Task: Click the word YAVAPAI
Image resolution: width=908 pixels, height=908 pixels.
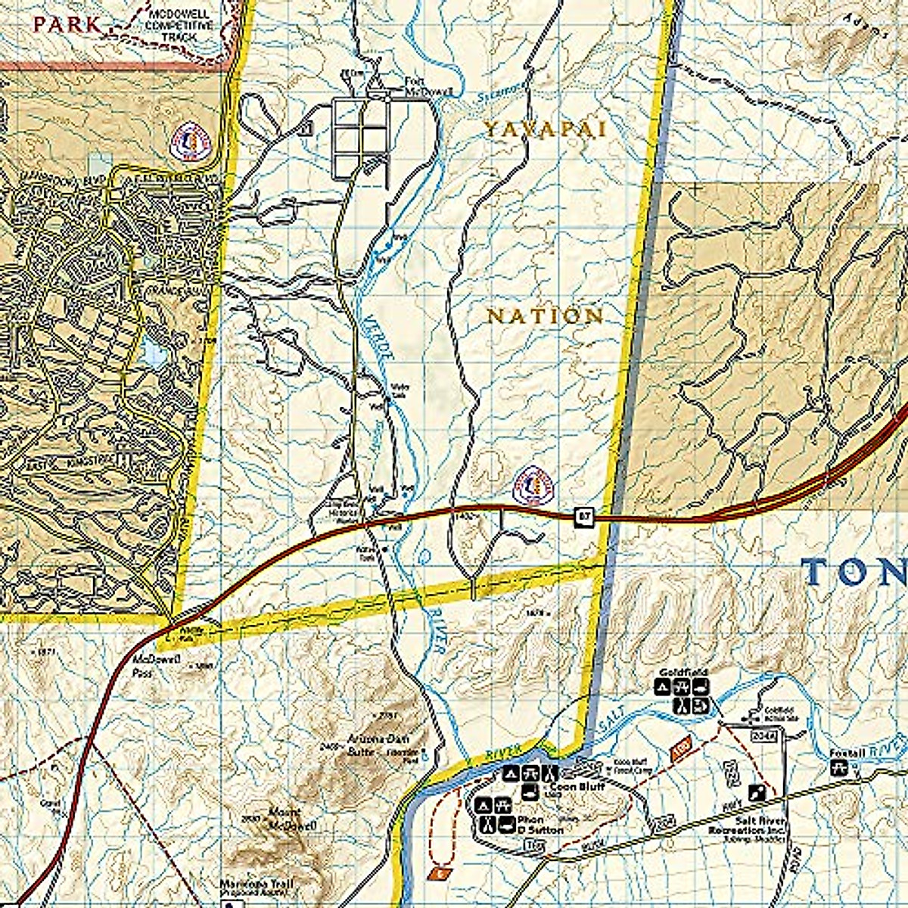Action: pyautogui.click(x=545, y=129)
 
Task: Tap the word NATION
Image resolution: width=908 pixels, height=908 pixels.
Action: pyautogui.click(x=545, y=316)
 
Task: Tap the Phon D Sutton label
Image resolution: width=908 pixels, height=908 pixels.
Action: pyautogui.click(x=540, y=825)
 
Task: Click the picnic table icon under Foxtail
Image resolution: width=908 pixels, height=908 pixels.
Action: pyautogui.click(x=838, y=769)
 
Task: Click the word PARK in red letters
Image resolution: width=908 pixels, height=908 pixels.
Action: pyautogui.click(x=67, y=24)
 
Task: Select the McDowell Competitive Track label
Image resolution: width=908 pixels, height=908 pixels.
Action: pyautogui.click(x=181, y=25)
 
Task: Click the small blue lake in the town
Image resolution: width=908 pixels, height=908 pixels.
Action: pyautogui.click(x=151, y=352)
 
